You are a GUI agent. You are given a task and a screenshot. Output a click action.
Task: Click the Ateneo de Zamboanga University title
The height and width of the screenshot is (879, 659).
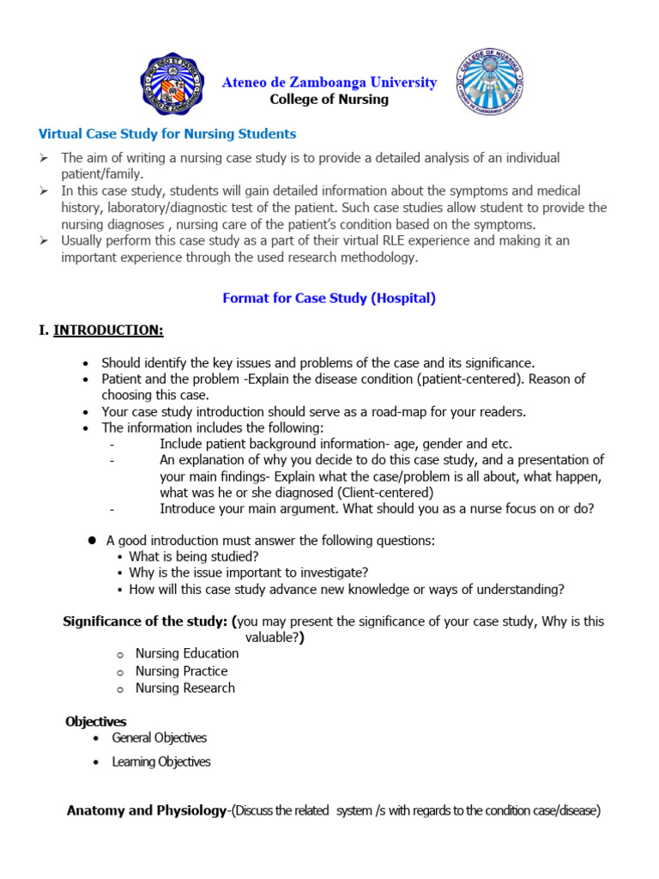click(329, 82)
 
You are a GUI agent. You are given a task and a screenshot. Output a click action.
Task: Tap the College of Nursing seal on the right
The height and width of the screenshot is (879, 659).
click(488, 83)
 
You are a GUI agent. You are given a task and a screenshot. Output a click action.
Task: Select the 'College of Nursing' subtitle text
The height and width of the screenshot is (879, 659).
click(329, 100)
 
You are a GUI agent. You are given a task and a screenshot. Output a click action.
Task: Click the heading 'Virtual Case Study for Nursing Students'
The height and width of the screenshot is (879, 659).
click(167, 134)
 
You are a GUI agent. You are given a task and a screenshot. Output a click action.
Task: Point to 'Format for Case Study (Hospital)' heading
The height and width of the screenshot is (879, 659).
click(329, 299)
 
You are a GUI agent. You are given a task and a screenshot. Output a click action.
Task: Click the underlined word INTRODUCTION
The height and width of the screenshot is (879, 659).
click(108, 330)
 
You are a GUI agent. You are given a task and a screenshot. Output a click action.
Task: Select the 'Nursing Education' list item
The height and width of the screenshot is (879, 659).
click(187, 654)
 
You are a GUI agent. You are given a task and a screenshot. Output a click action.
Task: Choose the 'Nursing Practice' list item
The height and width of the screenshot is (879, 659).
click(181, 671)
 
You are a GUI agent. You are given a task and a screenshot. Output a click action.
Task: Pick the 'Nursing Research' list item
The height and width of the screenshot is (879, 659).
click(184, 688)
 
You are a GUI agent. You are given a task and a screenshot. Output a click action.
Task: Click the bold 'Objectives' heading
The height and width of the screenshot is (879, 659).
click(96, 722)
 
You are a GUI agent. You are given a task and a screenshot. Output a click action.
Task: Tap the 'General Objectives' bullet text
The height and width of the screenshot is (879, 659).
click(160, 738)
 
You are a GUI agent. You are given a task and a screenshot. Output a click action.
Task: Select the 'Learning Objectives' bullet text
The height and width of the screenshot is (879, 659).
click(161, 762)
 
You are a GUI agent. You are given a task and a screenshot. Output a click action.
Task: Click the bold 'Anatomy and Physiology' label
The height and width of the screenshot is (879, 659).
click(147, 810)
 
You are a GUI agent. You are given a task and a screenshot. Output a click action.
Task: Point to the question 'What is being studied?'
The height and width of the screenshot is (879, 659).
click(193, 556)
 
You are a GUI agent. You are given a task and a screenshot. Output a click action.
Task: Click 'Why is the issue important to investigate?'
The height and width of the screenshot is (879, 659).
click(249, 573)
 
